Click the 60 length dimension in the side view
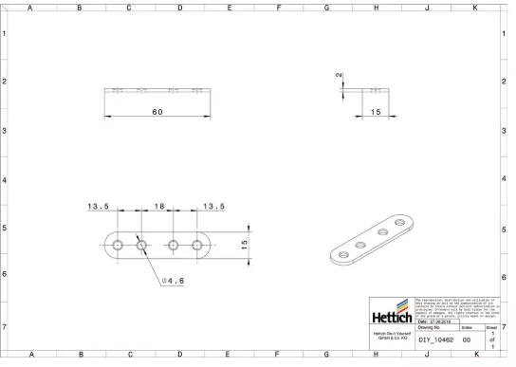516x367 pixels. [x=157, y=112]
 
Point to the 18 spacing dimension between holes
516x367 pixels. [x=158, y=205]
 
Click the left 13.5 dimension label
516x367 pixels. [x=100, y=205]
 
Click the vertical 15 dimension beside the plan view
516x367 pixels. [x=244, y=245]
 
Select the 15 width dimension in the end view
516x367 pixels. [x=376, y=112]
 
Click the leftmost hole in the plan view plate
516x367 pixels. [x=117, y=245]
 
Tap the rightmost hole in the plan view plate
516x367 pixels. [x=197, y=245]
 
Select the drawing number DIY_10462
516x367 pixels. [x=436, y=339]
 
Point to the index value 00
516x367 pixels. [x=467, y=339]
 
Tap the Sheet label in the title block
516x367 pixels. [x=491, y=328]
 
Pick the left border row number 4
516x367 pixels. [x=5, y=179]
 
